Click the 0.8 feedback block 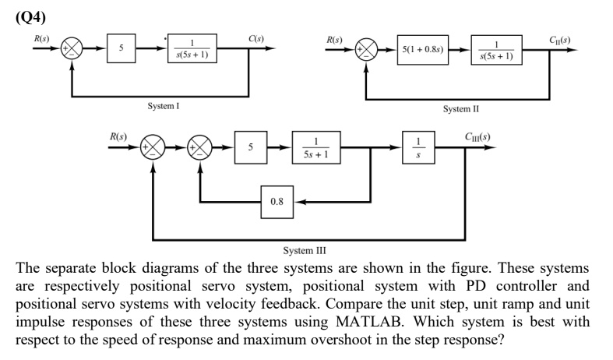tap(276, 202)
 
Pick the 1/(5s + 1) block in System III tap(316, 146)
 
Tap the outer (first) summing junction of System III tap(152, 146)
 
